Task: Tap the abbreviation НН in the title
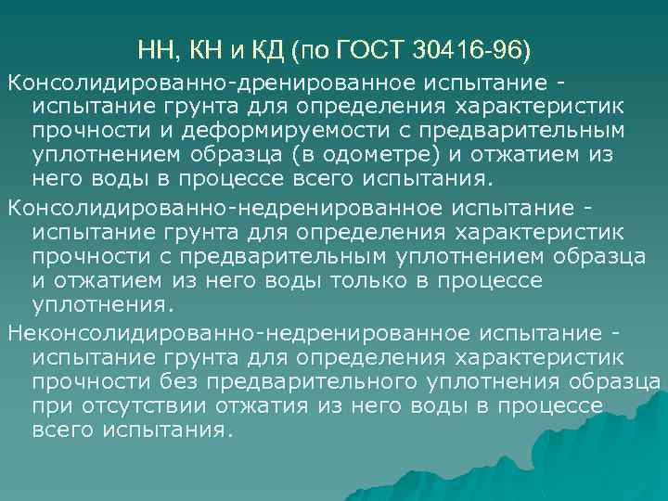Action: (x=154, y=46)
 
